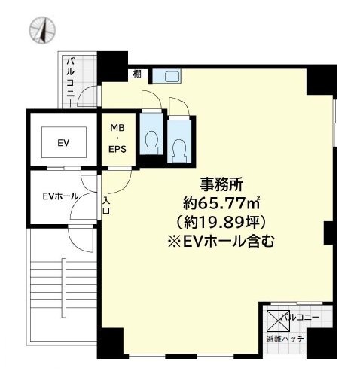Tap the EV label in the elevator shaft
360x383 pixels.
click(x=63, y=142)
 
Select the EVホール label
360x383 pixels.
click(x=59, y=196)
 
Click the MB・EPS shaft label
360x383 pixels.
click(x=119, y=138)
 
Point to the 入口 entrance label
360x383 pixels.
click(x=106, y=205)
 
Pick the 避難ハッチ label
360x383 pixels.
click(x=284, y=339)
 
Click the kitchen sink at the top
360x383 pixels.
click(x=169, y=75)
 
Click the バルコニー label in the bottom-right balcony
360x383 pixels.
click(x=301, y=318)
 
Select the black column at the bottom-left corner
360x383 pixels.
click(x=110, y=343)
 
